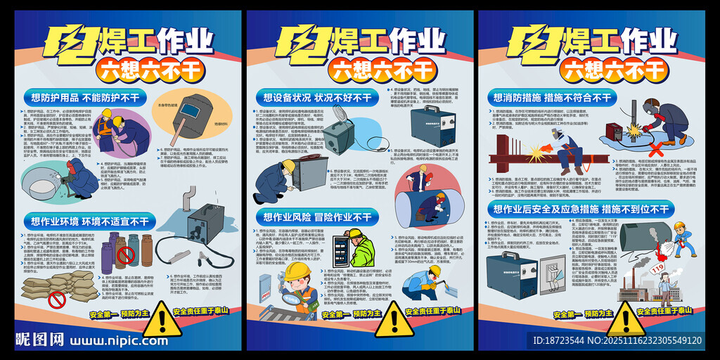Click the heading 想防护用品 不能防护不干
pyautogui.click(x=85, y=97)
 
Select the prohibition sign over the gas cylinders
pyautogui.click(x=125, y=254)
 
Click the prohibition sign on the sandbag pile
pyautogui.click(x=57, y=300)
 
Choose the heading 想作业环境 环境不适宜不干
pyautogui.click(x=89, y=221)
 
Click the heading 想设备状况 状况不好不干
pyautogui.click(x=316, y=96)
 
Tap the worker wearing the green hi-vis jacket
pyautogui.click(x=361, y=247)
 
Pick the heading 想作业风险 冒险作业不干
pyautogui.click(x=316, y=216)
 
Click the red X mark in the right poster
pyautogui.click(x=655, y=149)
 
